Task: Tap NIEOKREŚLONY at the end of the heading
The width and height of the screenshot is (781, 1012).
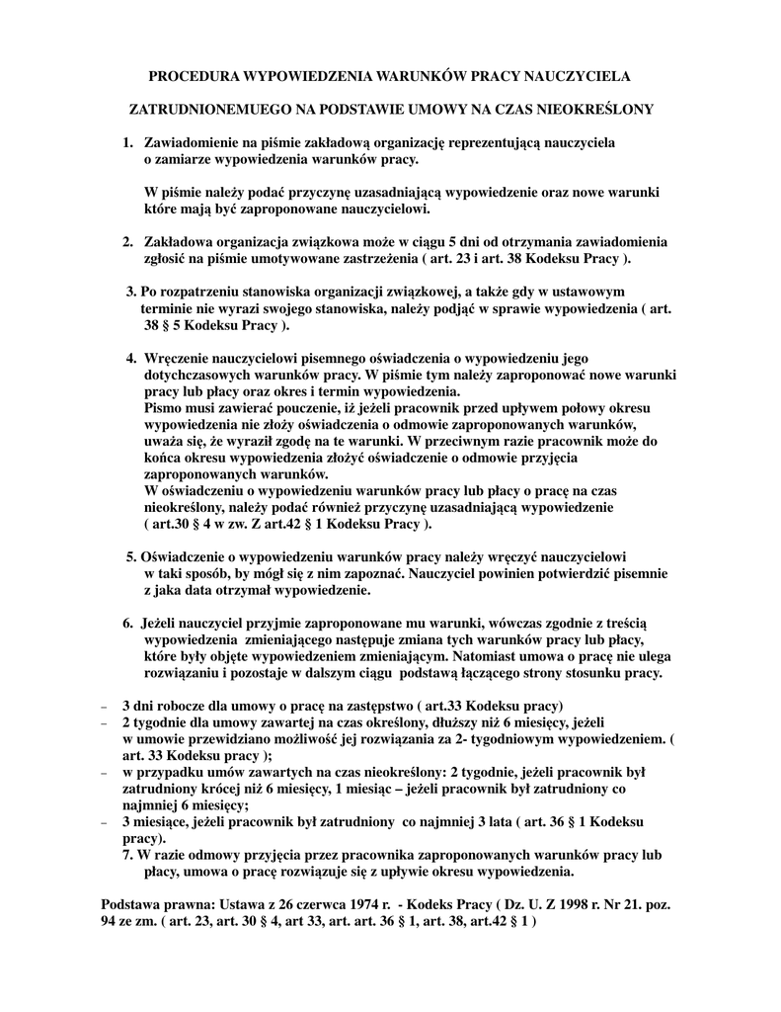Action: coord(603,109)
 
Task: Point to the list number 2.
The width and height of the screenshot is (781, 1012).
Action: coord(128,242)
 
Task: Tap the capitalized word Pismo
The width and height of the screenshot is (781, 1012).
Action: coord(163,407)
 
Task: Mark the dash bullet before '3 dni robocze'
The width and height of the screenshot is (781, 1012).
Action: coord(106,707)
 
